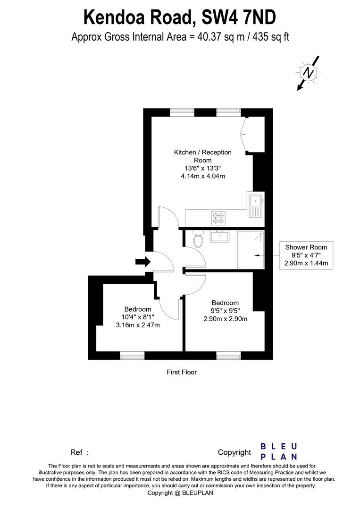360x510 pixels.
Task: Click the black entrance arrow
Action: [143, 262]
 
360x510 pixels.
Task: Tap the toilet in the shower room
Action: [198, 239]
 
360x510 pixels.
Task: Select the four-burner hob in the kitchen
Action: [218, 218]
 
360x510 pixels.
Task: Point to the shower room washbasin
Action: [220, 236]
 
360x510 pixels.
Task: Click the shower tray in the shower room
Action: [251, 250]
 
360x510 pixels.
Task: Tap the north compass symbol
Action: [308, 73]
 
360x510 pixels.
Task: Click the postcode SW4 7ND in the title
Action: [239, 17]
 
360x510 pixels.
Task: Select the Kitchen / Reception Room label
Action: [203, 156]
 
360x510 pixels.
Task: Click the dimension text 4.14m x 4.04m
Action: [203, 176]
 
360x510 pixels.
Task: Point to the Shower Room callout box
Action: [306, 255]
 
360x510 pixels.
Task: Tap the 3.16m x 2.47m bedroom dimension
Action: [138, 325]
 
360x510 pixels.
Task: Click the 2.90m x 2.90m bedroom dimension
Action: [225, 319]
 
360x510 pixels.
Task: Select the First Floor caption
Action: [182, 372]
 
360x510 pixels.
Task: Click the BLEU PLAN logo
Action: [279, 451]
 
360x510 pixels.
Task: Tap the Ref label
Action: [79, 452]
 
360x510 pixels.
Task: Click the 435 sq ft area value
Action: [271, 37]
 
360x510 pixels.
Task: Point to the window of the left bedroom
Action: [132, 356]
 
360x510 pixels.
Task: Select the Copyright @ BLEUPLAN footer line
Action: [180, 493]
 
